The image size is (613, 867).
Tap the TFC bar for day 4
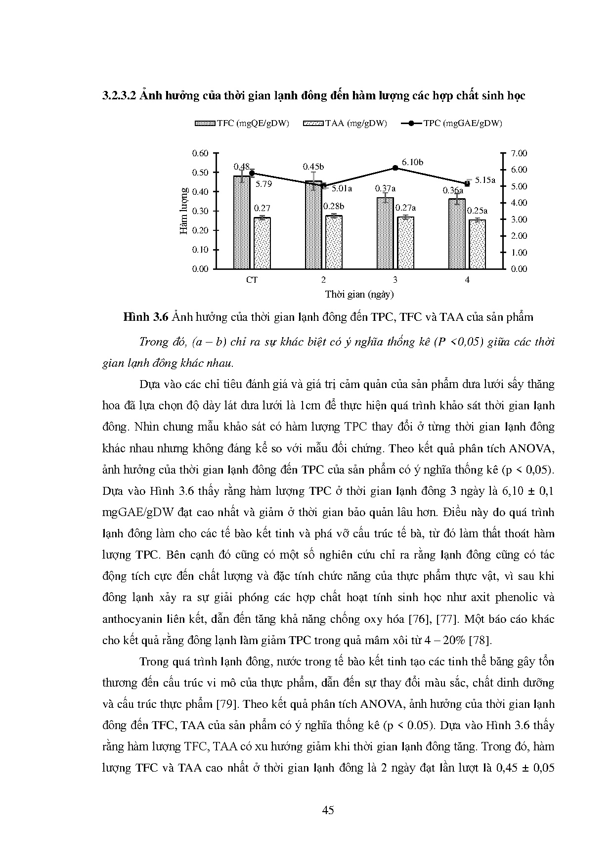tap(457, 234)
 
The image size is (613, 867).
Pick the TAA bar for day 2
tap(334, 242)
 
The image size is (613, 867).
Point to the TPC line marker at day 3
tap(395, 168)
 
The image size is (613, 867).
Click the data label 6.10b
tap(412, 162)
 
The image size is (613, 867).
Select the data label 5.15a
tap(485, 180)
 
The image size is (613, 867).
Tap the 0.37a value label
tap(385, 188)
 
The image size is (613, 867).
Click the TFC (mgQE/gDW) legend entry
tap(242, 124)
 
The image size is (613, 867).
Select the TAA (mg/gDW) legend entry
tap(346, 124)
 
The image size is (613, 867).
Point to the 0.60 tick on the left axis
tap(200, 153)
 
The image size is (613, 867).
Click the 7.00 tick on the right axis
tap(519, 153)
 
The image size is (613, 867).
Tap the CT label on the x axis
tap(252, 280)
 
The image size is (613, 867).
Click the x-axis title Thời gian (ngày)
tap(359, 295)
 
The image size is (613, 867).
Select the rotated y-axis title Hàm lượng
tap(184, 211)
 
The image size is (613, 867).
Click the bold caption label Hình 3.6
tap(146, 317)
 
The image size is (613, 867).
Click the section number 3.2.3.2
tap(119, 95)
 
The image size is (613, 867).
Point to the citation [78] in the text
tap(479, 640)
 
